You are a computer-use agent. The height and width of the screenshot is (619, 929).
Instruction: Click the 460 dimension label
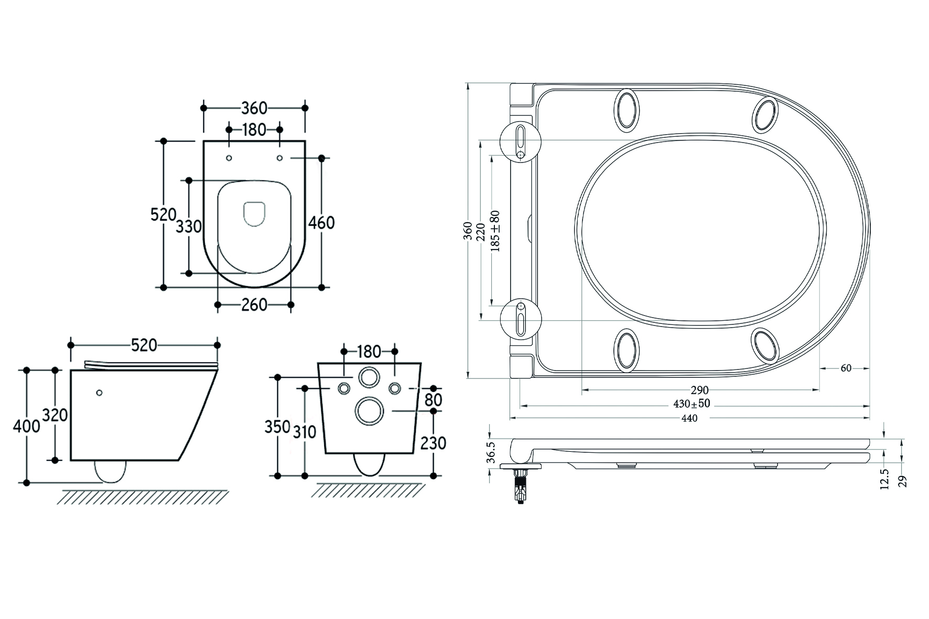click(321, 223)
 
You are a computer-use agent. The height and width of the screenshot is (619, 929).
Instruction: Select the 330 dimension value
click(189, 226)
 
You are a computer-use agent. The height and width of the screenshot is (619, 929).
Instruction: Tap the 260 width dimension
click(254, 305)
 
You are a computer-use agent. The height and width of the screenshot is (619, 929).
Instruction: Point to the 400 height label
click(26, 426)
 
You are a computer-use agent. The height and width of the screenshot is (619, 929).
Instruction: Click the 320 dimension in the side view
click(55, 415)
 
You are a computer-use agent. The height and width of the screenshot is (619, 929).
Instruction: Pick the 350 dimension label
click(277, 427)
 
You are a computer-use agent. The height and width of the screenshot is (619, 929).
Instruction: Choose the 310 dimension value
click(304, 432)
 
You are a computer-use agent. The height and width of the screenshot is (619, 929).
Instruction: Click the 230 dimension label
click(433, 443)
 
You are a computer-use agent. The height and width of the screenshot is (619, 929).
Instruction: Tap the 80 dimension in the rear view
click(433, 400)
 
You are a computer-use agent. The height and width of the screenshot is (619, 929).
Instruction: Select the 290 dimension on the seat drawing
click(699, 390)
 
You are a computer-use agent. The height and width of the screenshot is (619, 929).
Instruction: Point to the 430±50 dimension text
click(692, 404)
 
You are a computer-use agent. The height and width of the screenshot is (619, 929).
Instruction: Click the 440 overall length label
click(689, 418)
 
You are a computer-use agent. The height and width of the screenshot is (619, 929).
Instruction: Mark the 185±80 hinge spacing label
click(495, 231)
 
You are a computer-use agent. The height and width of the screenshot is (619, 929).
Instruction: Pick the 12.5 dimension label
click(885, 479)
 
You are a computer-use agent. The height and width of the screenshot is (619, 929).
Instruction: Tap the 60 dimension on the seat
click(846, 368)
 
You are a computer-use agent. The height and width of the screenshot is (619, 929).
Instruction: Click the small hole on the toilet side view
click(99, 393)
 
